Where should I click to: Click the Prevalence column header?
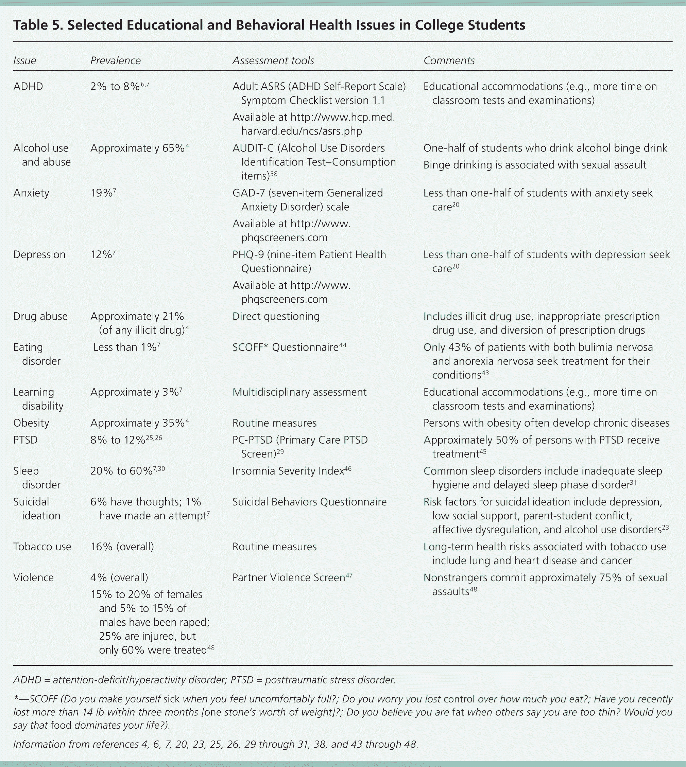tap(115, 60)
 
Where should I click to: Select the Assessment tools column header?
tap(273, 60)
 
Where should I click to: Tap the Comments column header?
tap(449, 60)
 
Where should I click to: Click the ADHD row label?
tap(28, 87)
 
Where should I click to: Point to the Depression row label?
tap(39, 255)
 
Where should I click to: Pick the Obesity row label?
tap(31, 423)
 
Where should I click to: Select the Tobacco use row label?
tap(42, 547)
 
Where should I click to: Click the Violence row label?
tap(34, 577)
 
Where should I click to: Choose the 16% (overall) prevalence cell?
tap(122, 547)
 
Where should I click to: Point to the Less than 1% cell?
tap(126, 347)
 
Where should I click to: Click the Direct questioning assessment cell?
tap(276, 316)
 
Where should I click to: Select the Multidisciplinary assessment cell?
tap(299, 392)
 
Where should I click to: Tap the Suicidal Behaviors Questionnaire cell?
tap(309, 502)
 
